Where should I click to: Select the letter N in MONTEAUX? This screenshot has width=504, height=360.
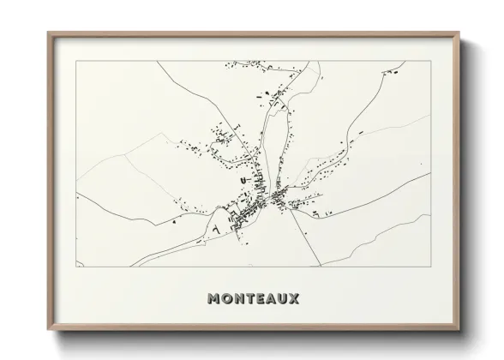click(238, 299)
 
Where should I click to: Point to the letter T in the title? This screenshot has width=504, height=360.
click(250, 299)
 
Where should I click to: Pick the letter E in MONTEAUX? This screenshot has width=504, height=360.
click(261, 299)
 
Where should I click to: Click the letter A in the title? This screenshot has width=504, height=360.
click(273, 299)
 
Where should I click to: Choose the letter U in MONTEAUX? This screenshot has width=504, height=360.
click(285, 299)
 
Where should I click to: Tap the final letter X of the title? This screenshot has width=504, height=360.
click(297, 299)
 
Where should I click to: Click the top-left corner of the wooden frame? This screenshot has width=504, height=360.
click(47, 33)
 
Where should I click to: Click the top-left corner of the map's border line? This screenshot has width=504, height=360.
click(76, 61)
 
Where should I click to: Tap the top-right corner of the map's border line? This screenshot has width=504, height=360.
click(431, 61)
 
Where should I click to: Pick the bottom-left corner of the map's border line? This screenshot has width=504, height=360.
click(76, 267)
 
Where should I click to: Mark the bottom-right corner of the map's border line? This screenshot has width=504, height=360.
click(431, 267)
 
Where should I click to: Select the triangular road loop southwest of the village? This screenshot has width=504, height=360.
click(219, 227)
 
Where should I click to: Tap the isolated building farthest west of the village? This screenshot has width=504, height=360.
click(175, 221)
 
